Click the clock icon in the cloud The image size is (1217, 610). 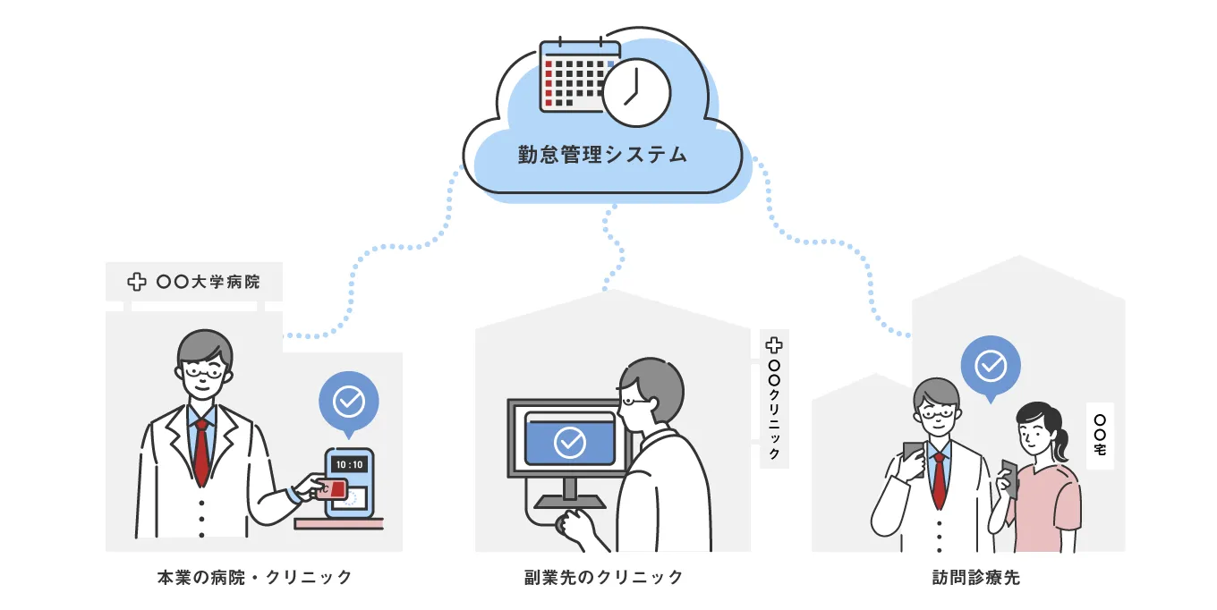click(635, 94)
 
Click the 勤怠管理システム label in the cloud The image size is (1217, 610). click(602, 155)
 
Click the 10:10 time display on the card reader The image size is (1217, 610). click(349, 465)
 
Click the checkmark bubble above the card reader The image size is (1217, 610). click(348, 402)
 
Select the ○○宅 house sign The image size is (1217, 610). click(1100, 435)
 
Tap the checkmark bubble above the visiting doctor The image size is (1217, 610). click(990, 366)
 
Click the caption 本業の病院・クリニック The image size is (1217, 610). click(254, 578)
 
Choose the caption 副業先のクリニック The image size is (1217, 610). click(604, 578)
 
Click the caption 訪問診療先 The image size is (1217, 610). click(975, 578)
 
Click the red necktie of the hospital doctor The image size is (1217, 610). click(201, 452)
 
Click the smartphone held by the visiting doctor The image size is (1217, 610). click(913, 457)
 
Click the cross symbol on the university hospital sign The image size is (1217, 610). click(137, 282)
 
